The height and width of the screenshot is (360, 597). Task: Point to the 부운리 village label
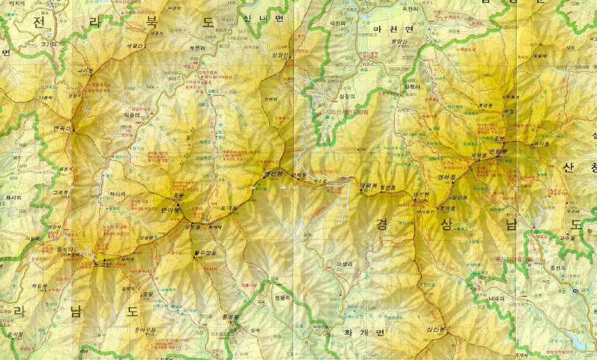pyautogui.click(x=196, y=47)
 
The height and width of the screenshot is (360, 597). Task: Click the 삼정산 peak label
pyautogui.click(x=281, y=56)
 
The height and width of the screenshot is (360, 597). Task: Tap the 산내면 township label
pyautogui.click(x=263, y=19)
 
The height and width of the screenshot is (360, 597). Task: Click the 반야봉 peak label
pyautogui.click(x=171, y=209)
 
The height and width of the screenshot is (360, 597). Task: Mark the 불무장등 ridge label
pyautogui.click(x=205, y=253)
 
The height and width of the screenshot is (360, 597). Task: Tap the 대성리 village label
pyautogui.click(x=344, y=263)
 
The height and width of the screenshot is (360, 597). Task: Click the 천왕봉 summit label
pyautogui.click(x=499, y=151)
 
